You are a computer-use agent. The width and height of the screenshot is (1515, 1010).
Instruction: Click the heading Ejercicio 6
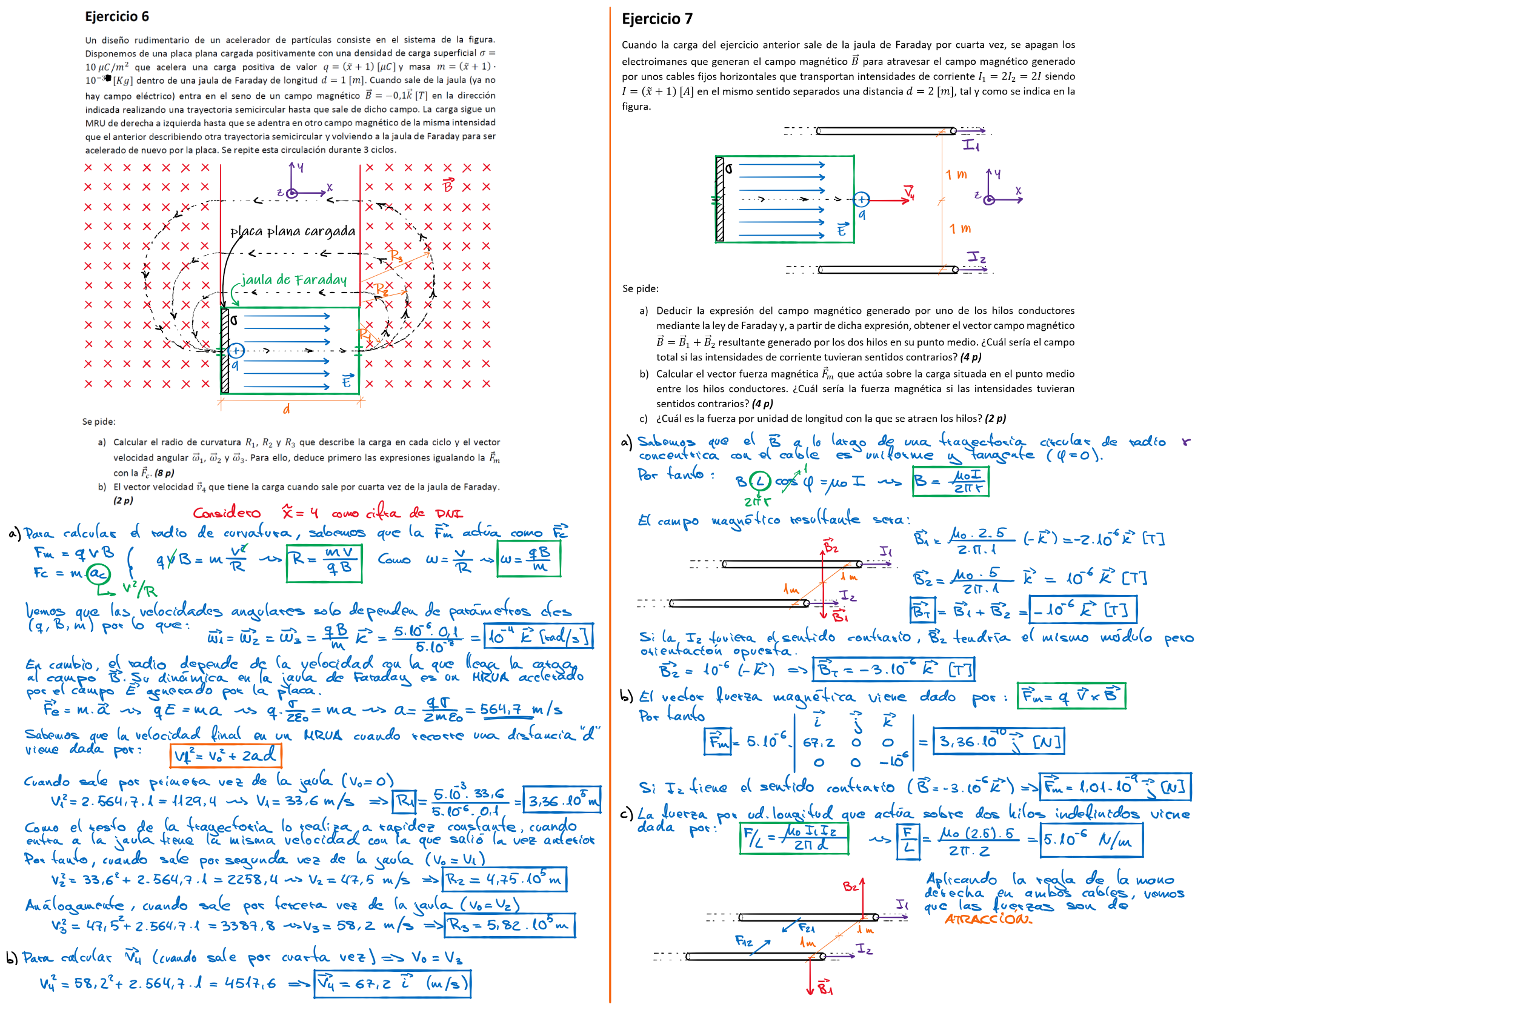tap(116, 17)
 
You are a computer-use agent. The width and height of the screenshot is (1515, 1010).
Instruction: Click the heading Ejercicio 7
tap(657, 19)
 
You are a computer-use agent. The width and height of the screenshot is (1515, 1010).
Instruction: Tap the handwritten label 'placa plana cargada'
tap(293, 231)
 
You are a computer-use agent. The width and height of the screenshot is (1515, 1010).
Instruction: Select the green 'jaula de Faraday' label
tap(294, 279)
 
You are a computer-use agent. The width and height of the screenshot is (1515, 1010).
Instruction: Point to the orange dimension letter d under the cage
tap(287, 409)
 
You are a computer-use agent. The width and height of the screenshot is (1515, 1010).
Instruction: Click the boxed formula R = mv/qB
tap(324, 562)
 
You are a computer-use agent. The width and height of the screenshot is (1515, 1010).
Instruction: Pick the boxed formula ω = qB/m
tap(528, 559)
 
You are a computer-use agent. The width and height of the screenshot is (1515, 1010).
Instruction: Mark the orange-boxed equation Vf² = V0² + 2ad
tap(225, 755)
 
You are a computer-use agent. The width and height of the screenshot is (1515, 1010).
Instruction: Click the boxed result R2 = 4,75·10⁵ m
tap(504, 879)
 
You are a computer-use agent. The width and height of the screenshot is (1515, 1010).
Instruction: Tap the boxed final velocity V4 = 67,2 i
tap(392, 983)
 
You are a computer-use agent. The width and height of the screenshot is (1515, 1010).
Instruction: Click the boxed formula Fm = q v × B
tap(1071, 696)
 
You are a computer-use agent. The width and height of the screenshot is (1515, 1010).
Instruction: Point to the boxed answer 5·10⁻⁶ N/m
tap(1091, 840)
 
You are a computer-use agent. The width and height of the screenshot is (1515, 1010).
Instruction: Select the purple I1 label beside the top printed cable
tap(971, 145)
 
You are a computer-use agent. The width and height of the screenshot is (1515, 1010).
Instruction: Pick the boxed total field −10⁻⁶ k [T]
tap(1082, 610)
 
